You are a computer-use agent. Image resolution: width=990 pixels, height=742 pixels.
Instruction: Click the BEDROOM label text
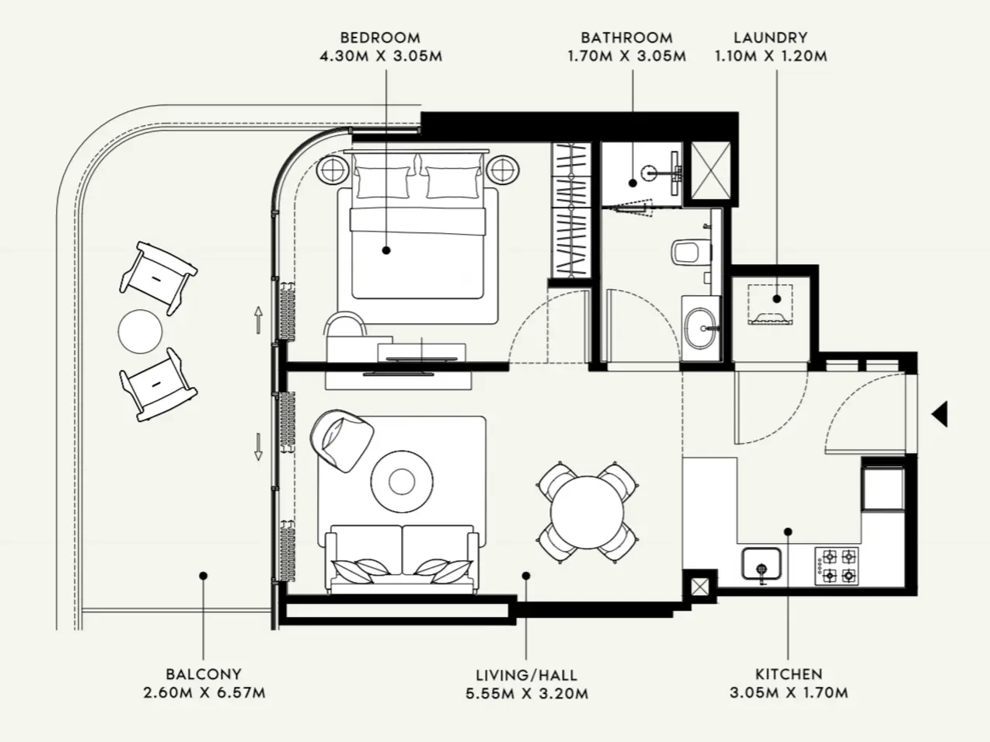pyautogui.click(x=380, y=37)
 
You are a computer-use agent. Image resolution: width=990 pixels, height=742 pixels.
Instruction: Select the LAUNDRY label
pyautogui.click(x=770, y=37)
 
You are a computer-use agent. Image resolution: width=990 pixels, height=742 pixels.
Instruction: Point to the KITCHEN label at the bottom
pyautogui.click(x=788, y=674)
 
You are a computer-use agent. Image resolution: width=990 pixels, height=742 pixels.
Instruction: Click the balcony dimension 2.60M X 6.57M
pyautogui.click(x=204, y=693)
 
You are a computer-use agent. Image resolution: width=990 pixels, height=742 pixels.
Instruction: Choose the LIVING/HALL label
pyautogui.click(x=526, y=674)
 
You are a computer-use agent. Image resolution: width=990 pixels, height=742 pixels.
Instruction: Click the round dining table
pyautogui.click(x=587, y=512)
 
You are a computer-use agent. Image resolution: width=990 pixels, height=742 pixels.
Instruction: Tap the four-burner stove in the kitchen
pyautogui.click(x=836, y=566)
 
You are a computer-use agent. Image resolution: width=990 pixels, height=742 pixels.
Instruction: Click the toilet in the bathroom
pyautogui.click(x=689, y=251)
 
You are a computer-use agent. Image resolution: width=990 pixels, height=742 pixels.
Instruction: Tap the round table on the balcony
pyautogui.click(x=141, y=331)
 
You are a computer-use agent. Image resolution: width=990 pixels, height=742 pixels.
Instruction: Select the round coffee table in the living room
pyautogui.click(x=401, y=482)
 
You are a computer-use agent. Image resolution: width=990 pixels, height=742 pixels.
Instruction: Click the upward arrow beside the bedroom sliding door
pyautogui.click(x=258, y=319)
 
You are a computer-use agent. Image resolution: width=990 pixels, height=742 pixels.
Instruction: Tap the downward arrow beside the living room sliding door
pyautogui.click(x=258, y=446)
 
